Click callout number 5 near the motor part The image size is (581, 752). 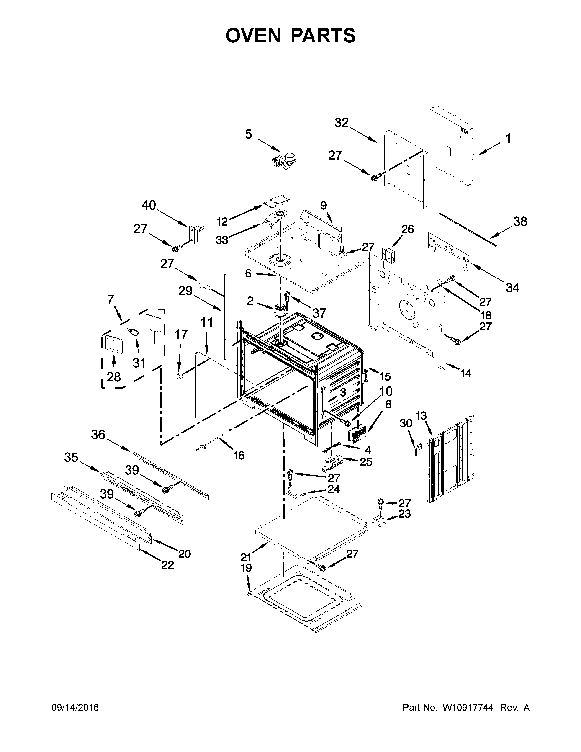(x=249, y=134)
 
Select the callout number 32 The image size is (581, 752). (x=342, y=123)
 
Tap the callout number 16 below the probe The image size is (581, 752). (x=239, y=455)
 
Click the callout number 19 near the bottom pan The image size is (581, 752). (x=247, y=568)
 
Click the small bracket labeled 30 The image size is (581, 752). (x=417, y=449)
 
